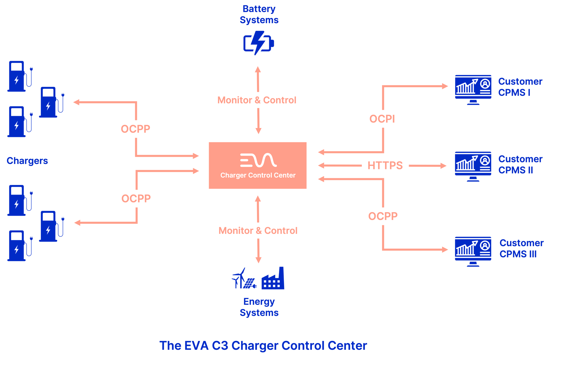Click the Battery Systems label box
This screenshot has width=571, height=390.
point(259,14)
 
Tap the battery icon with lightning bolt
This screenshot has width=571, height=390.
point(258,43)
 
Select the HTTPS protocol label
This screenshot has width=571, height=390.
point(385,165)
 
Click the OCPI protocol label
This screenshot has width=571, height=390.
point(382,119)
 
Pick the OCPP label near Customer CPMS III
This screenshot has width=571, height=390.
point(383,216)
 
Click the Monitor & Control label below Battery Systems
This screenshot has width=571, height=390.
point(257,100)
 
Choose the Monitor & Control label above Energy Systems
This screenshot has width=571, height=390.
point(258,230)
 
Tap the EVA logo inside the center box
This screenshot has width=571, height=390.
point(258,160)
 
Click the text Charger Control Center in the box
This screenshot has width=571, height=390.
point(258,175)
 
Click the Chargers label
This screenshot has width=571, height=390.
point(27,161)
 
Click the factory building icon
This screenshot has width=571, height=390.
point(273,279)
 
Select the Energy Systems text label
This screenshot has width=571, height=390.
point(259,307)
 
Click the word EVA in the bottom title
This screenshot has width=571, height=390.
point(196,345)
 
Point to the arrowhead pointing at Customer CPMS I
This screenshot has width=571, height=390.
point(445,86)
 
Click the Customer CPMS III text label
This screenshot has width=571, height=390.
point(521,248)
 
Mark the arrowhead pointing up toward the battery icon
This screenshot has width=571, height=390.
point(258,69)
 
